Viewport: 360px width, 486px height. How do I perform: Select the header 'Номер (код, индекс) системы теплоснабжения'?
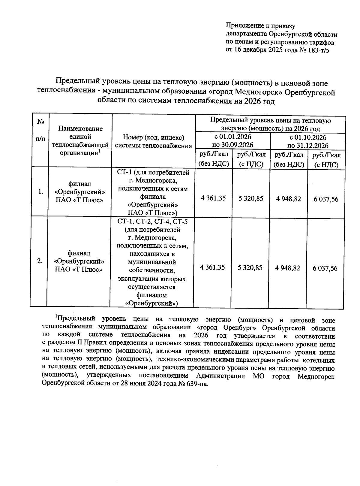coord(153,142)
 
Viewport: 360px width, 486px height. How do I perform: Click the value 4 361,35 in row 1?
coord(214,198)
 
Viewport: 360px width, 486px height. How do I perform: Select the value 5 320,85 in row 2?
coord(250,267)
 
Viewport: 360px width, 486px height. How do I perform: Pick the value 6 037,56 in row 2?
coord(325,268)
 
